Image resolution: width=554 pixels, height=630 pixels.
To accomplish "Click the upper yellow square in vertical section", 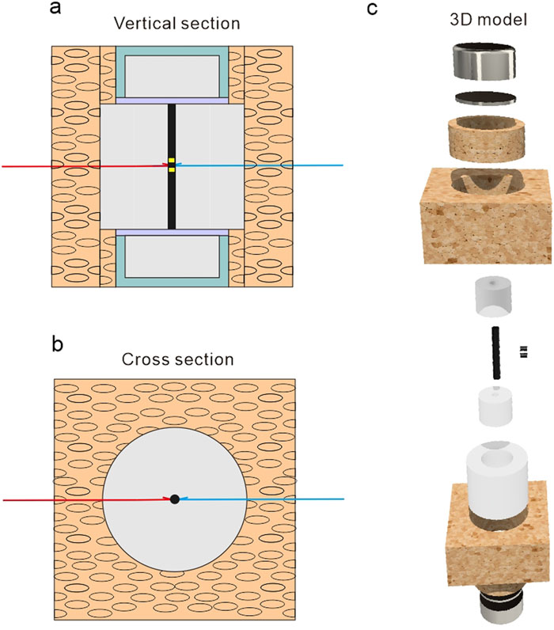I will tap(171, 161).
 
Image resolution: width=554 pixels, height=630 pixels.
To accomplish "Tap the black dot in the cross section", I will tap(174, 499).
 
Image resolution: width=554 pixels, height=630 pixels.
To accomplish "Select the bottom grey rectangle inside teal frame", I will tap(173, 257).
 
